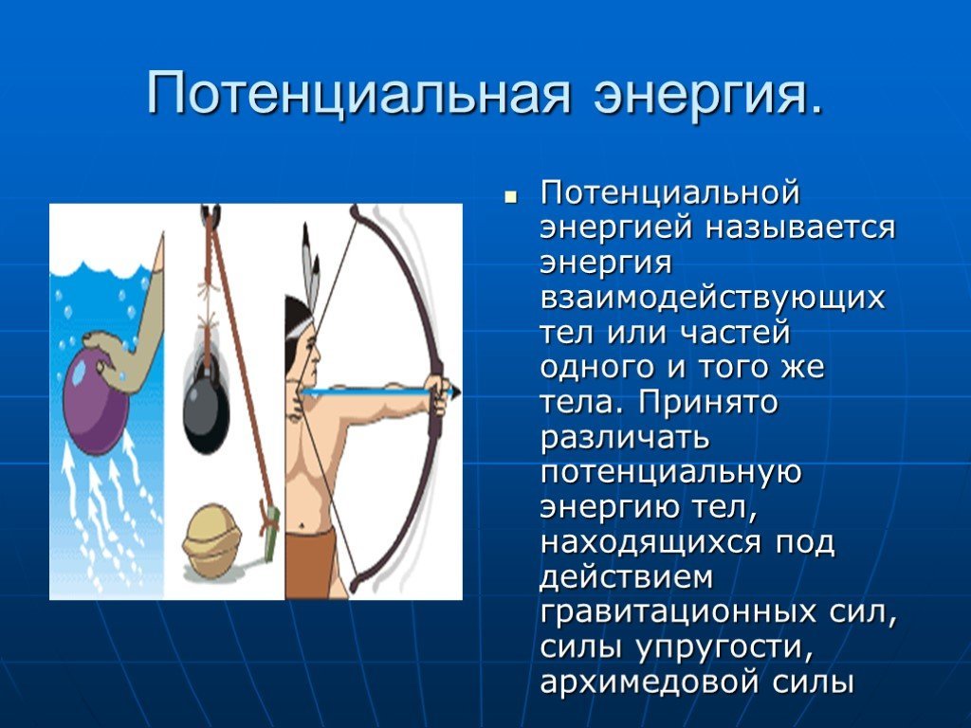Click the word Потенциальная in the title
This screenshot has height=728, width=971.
357,94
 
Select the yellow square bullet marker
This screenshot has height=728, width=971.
510,197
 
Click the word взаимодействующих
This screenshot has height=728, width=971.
712,299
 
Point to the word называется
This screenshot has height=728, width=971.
799,227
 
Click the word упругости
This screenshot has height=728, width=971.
724,648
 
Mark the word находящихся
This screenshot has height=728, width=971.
650,543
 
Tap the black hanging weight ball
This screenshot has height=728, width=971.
206,412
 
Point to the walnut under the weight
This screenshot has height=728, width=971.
210,540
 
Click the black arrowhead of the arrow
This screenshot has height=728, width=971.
454,391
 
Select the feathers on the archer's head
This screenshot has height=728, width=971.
311,268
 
